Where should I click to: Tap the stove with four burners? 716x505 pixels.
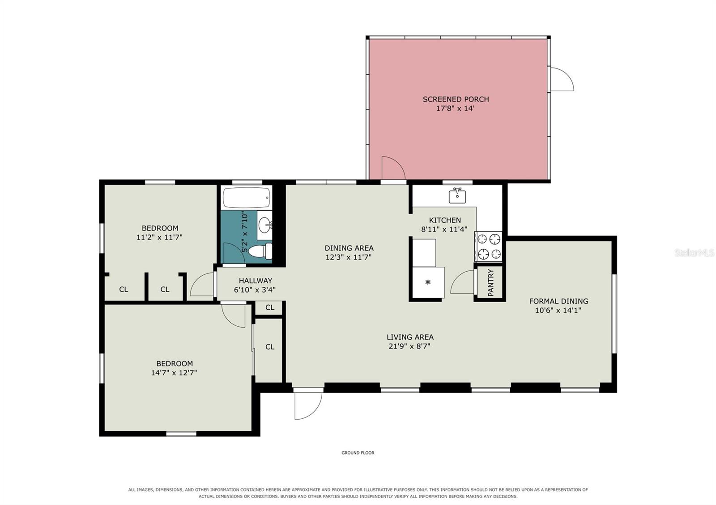(x=488, y=246)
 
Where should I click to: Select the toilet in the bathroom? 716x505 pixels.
(x=260, y=251)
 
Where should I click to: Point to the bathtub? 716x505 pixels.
(x=247, y=198)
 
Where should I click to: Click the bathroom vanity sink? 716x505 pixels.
(x=265, y=225)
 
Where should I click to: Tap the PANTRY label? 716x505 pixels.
(x=490, y=282)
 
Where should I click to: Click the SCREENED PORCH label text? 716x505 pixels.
(x=456, y=99)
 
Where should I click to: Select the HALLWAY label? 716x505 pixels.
(x=256, y=281)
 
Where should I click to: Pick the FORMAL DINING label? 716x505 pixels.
(x=558, y=301)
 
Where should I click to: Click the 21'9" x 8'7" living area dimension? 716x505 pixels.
(x=409, y=346)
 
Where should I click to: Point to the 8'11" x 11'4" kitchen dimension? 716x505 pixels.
(x=444, y=229)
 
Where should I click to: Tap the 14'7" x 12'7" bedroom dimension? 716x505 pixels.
(x=174, y=373)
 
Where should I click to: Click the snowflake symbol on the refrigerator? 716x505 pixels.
(x=428, y=282)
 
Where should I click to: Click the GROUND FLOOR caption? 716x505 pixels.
(x=358, y=453)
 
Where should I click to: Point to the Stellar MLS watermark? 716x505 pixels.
(x=694, y=253)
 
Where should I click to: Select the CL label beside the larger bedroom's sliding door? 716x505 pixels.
(x=270, y=347)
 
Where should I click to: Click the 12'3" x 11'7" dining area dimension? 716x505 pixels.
(x=349, y=257)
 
